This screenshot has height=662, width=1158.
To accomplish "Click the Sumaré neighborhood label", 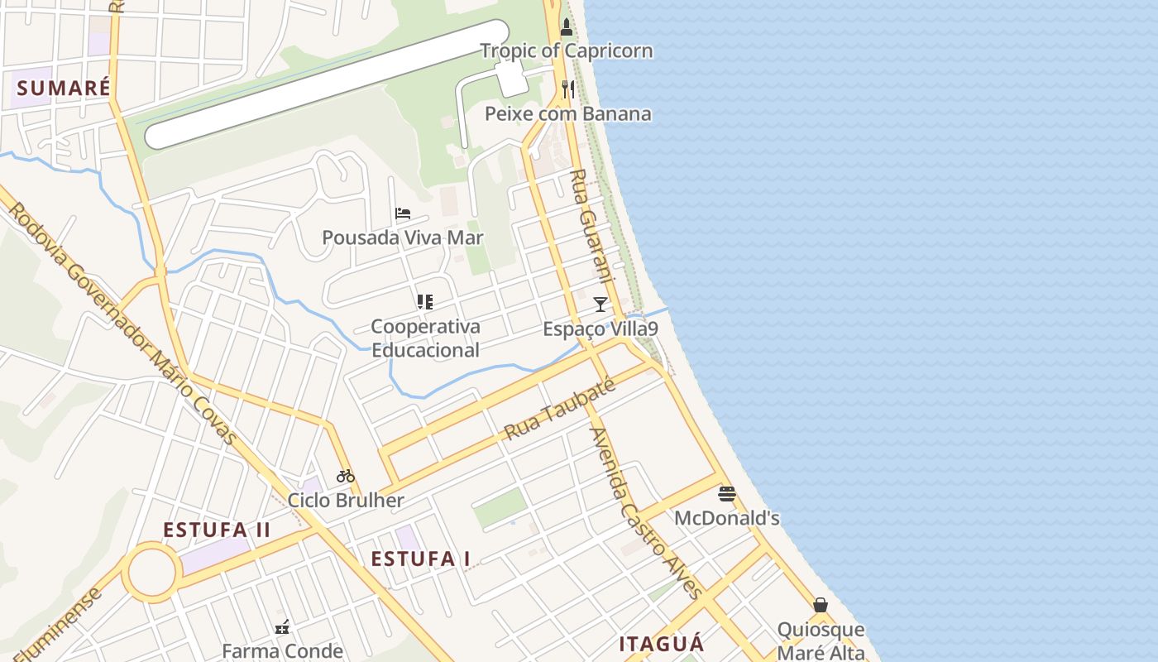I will (64, 88).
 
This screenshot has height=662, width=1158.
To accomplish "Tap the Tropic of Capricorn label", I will (567, 50).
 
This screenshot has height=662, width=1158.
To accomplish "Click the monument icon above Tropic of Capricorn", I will (567, 27).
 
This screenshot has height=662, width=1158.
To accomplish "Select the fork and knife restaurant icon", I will (567, 89).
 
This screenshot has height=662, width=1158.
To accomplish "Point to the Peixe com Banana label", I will (567, 113).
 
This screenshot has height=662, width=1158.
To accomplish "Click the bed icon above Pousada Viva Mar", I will (403, 213).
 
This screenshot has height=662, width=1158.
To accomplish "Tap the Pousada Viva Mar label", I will (403, 237).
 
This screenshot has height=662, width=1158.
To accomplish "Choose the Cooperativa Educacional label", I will (425, 338).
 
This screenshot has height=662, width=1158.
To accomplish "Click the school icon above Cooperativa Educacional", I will (425, 302).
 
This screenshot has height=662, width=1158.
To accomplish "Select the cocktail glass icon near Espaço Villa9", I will (601, 305).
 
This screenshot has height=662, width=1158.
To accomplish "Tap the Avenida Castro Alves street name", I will (645, 512).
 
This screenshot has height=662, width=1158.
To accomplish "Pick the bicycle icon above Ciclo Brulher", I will (346, 476).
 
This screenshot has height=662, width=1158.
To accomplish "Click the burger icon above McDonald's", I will (727, 494).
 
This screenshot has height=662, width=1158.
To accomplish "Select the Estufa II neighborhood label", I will (217, 530).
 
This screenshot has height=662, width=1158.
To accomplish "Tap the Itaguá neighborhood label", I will (662, 644).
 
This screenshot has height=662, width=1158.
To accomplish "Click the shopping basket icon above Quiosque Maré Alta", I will (821, 606).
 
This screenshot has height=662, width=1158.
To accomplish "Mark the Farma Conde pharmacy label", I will (282, 650).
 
